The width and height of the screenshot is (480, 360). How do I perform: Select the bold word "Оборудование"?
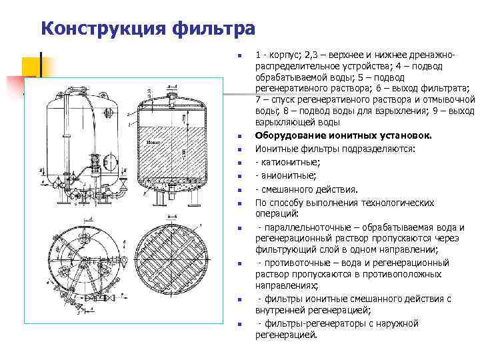pos(289,135)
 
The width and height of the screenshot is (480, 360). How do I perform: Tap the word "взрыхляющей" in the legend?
pos(284,122)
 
